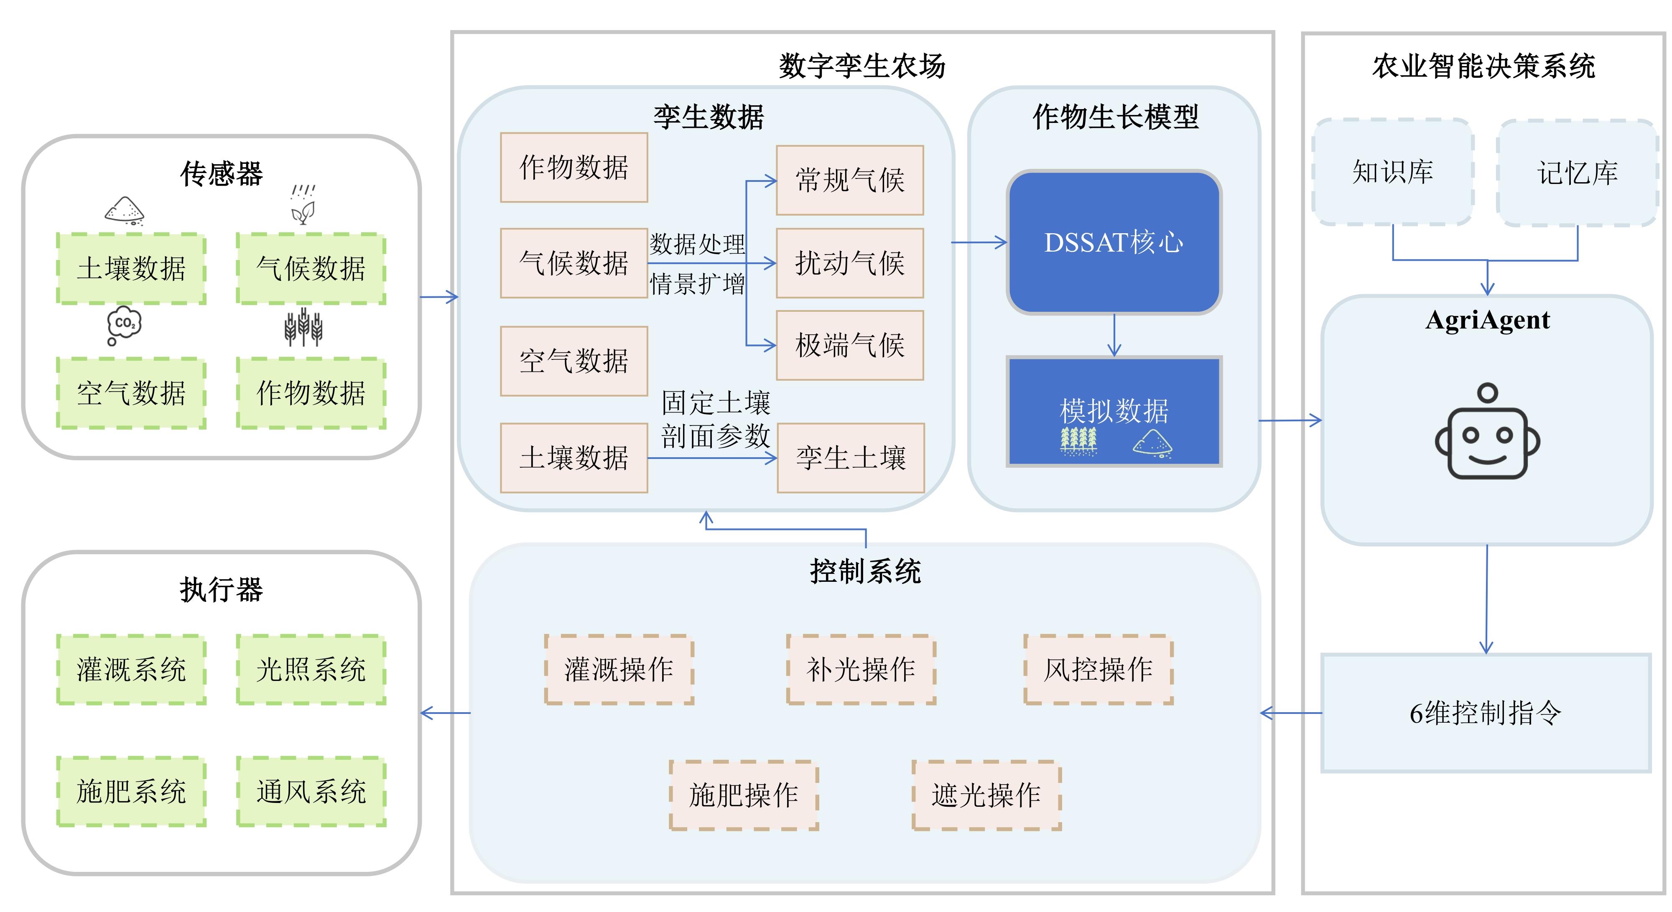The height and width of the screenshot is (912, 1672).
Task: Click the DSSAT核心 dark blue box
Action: click(1114, 242)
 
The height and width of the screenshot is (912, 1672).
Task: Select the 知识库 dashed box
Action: click(1392, 172)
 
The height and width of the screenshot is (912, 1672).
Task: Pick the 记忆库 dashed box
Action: click(1577, 173)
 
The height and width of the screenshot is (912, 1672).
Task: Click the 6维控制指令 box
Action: click(1486, 713)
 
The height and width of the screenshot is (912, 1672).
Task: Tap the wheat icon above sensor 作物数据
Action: click(303, 328)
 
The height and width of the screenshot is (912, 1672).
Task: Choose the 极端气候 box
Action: click(850, 345)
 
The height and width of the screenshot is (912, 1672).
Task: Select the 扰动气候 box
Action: click(850, 263)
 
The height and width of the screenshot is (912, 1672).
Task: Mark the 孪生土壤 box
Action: click(850, 458)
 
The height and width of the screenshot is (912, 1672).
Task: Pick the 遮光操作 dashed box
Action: click(986, 795)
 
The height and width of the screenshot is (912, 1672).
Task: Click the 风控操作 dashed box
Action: click(1098, 669)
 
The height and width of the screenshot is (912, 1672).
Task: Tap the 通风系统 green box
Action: click(311, 791)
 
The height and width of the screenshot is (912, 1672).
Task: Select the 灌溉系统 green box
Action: click(131, 669)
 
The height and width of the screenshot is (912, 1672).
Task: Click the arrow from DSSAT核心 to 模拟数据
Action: click(1114, 335)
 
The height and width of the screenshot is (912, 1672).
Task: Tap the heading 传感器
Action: click(222, 174)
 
